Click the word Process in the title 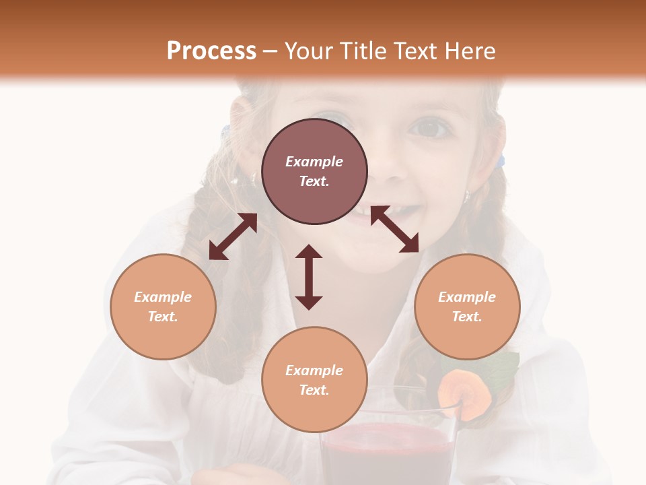click(x=211, y=51)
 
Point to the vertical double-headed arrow click(x=309, y=277)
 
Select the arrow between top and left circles click(x=233, y=236)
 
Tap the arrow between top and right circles click(x=394, y=229)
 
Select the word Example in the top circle click(x=314, y=162)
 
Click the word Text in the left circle click(x=163, y=317)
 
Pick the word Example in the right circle click(x=467, y=297)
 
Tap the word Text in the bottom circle click(x=314, y=390)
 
